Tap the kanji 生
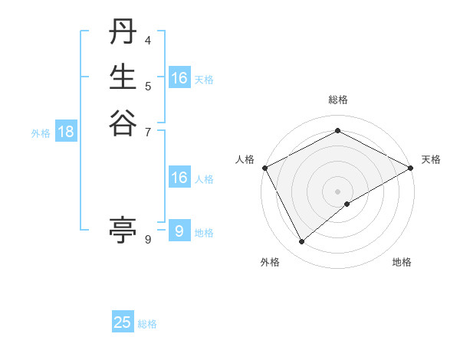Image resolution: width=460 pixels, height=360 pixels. pyautogui.click(x=123, y=78)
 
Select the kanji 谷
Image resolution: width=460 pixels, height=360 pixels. pyautogui.click(x=123, y=123)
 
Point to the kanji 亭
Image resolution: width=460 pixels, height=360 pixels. pyautogui.click(x=123, y=228)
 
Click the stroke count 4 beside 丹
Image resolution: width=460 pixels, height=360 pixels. pyautogui.click(x=148, y=40)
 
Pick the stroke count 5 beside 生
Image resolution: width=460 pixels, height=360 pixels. pyautogui.click(x=148, y=85)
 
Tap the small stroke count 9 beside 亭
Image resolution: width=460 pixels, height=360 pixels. pyautogui.click(x=148, y=240)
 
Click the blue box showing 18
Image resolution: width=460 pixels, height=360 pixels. pyautogui.click(x=66, y=132)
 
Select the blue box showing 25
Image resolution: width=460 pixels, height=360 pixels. pyautogui.click(x=123, y=322)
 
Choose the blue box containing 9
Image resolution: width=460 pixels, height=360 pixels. pyautogui.click(x=179, y=231)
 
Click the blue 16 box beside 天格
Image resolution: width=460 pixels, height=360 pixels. pyautogui.click(x=179, y=78)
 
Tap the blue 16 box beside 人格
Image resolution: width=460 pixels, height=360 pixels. pyautogui.click(x=179, y=178)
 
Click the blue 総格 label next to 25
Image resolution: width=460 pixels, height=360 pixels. pyautogui.click(x=148, y=324)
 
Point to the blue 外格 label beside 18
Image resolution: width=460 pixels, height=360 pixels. pyautogui.click(x=41, y=133)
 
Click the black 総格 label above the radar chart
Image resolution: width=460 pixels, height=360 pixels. pyautogui.click(x=338, y=100)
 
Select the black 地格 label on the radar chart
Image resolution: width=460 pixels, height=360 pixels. pyautogui.click(x=402, y=263)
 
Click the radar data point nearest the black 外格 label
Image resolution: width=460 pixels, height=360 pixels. pyautogui.click(x=302, y=242)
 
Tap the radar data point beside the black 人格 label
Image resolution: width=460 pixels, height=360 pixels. pyautogui.click(x=264, y=168)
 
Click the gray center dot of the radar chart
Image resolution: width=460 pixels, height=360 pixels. pyautogui.click(x=338, y=191)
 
